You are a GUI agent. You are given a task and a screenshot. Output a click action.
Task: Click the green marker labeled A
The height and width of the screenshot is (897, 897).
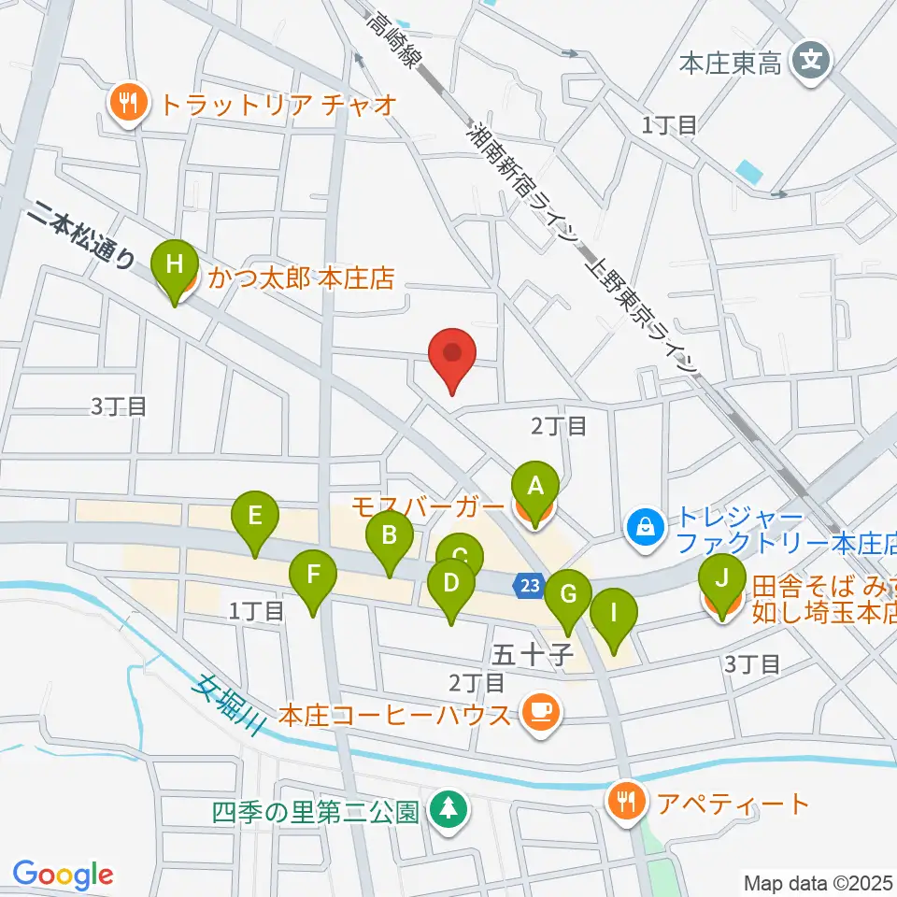(535, 489)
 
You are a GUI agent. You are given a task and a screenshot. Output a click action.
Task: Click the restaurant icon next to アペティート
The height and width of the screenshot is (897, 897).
(623, 801)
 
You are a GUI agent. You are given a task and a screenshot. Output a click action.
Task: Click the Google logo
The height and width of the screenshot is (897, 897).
(64, 875)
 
